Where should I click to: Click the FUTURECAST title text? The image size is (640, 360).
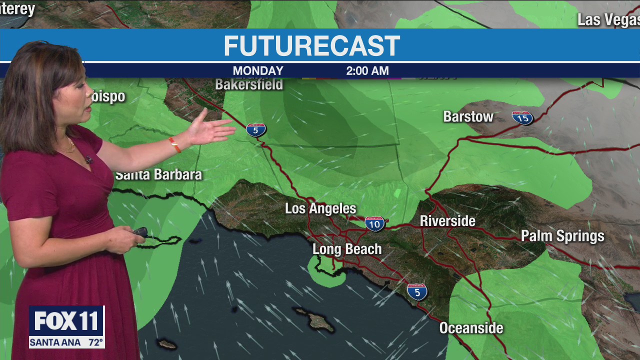coord(311,46)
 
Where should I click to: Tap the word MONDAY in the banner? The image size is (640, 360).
coord(258,71)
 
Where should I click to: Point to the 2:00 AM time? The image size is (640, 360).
coord(367,71)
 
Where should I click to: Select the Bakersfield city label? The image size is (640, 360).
coord(249,84)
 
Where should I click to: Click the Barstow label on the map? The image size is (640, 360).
coord(468,117)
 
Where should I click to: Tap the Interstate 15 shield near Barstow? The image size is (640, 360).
coord(522,117)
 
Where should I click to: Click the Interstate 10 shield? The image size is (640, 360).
coord(374,223)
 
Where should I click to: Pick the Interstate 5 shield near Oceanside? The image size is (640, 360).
coord(417,291)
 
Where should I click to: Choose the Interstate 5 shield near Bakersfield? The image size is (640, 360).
coord(256,130)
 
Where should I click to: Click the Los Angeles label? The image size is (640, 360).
coord(320,208)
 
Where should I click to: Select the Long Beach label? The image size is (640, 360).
coord(347,249)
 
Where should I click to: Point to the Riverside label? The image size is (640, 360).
coord(447,221)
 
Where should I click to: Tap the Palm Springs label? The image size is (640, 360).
coord(562,236)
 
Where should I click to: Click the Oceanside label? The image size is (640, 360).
coord(471,328)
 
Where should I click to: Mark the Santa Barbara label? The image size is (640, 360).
coord(158,174)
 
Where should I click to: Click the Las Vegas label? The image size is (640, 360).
coord(608,20)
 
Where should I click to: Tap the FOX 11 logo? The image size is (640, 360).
coord(66,321)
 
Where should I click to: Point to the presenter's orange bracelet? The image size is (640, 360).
coord(174,144)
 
